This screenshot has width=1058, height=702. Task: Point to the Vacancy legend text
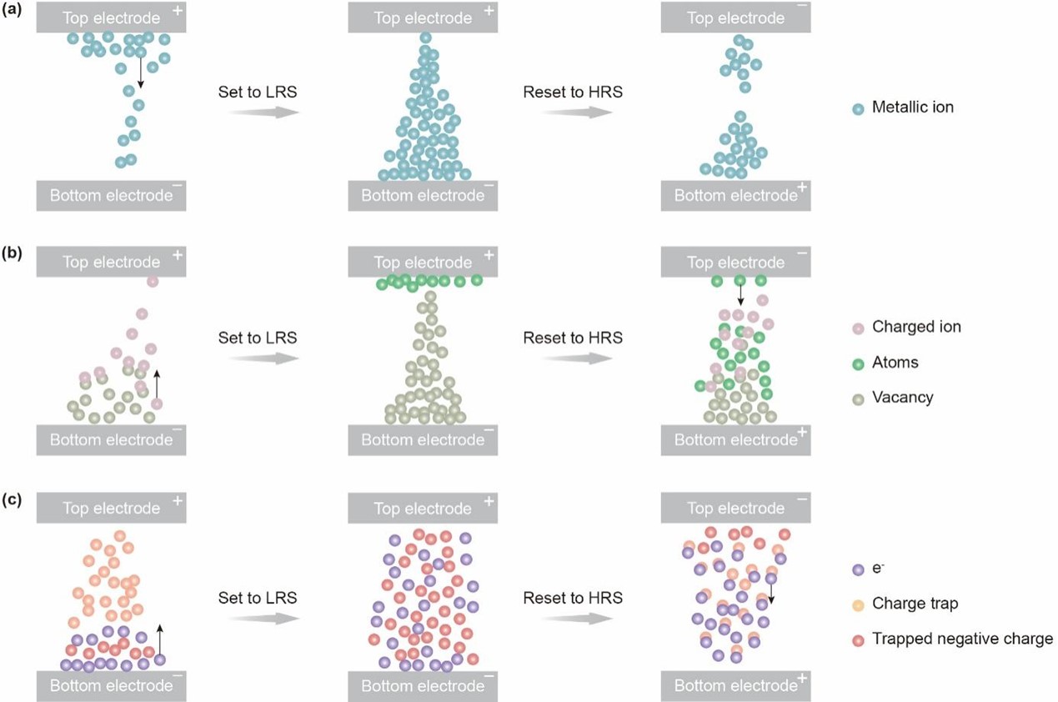click(x=902, y=398)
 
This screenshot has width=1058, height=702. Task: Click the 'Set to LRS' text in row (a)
click(x=257, y=92)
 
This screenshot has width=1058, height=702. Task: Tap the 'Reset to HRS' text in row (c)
click(x=573, y=598)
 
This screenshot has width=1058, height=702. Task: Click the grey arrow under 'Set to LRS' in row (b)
click(x=264, y=359)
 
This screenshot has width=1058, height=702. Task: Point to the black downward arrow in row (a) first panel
click(x=140, y=73)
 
